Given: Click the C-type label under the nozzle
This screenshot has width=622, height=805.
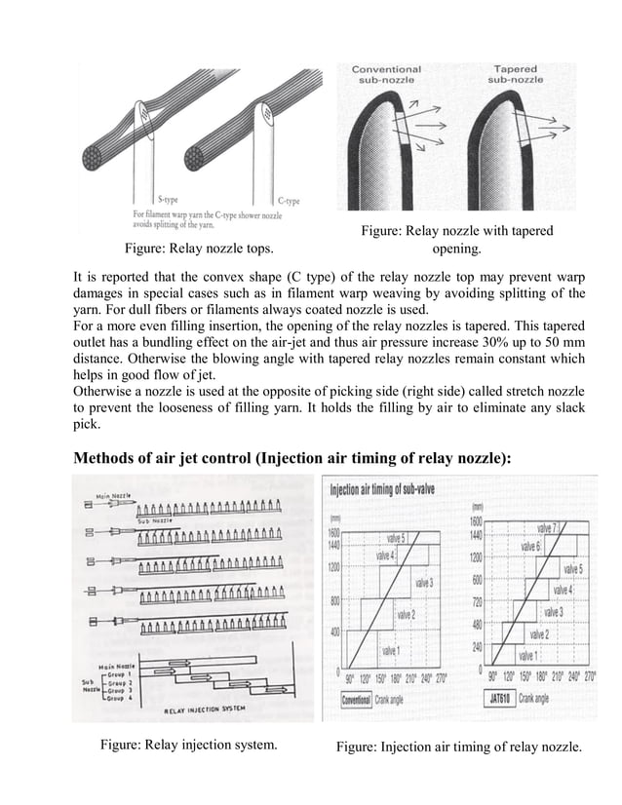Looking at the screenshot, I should click(x=288, y=200).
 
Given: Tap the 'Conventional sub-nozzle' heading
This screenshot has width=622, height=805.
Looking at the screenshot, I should click(x=386, y=75).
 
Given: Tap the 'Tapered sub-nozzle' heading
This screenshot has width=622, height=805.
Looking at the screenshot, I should click(x=522, y=75).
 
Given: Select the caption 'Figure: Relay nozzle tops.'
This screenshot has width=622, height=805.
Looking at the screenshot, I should click(x=191, y=248).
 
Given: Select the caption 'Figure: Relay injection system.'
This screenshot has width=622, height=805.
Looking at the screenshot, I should click(x=189, y=747).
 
